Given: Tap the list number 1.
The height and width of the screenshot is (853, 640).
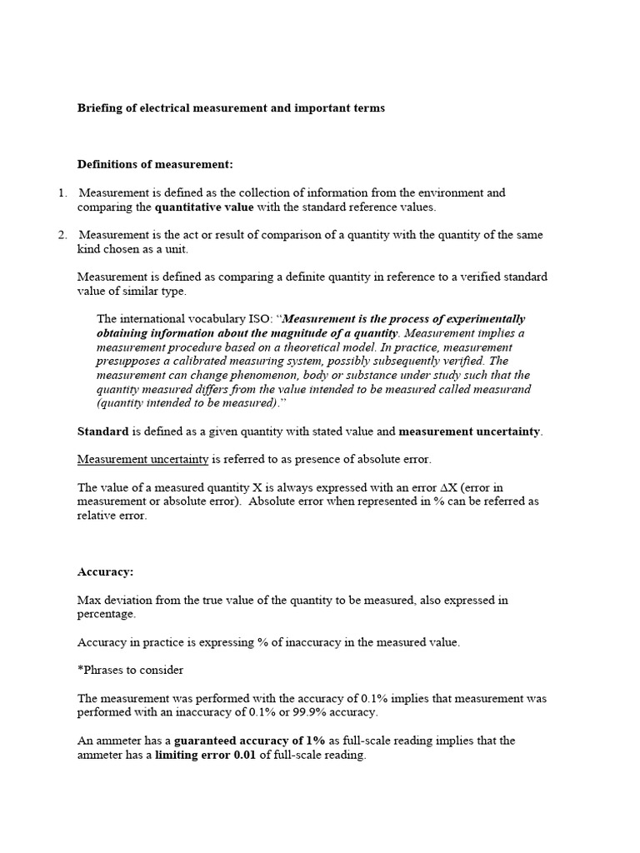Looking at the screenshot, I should click(62, 193).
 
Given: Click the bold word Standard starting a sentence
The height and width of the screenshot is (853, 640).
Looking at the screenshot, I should click(102, 431).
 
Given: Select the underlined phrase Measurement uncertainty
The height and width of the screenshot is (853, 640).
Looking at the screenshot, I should click(142, 459).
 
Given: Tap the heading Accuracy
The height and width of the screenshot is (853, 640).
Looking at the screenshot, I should click(105, 572).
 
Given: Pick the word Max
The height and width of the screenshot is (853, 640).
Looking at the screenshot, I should click(88, 600).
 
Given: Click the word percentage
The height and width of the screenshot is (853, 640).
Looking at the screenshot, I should click(107, 614).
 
